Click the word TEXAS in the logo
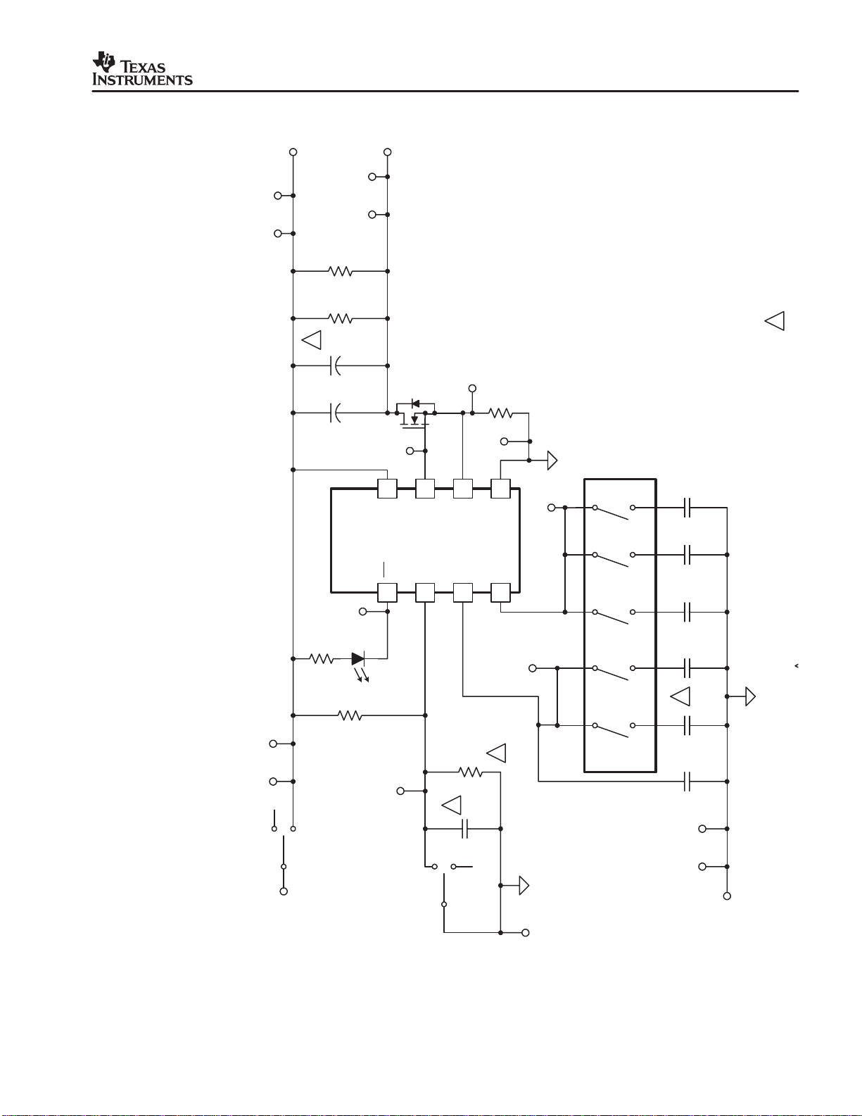click(144, 67)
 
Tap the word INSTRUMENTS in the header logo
click(143, 80)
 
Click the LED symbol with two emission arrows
click(358, 660)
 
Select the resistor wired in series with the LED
click(322, 659)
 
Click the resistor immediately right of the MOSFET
click(501, 413)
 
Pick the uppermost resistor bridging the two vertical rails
click(341, 271)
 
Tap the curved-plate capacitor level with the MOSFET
click(336, 413)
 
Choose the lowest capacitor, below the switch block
click(687, 782)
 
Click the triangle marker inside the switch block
click(680, 696)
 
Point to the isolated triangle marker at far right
click(774, 321)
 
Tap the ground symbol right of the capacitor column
click(750, 696)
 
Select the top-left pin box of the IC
click(387, 489)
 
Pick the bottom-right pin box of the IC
click(500, 593)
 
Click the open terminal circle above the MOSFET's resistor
click(472, 389)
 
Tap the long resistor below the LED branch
click(350, 715)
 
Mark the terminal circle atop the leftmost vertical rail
click(293, 152)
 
